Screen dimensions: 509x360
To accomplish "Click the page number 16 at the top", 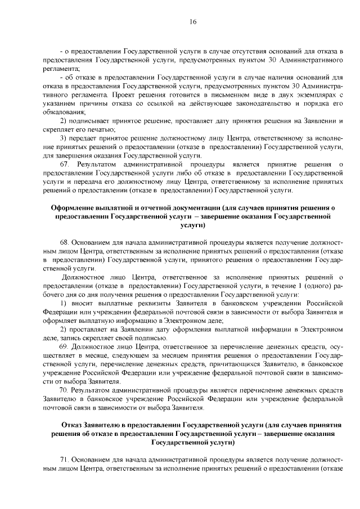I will pyautogui.click(x=192, y=21).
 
